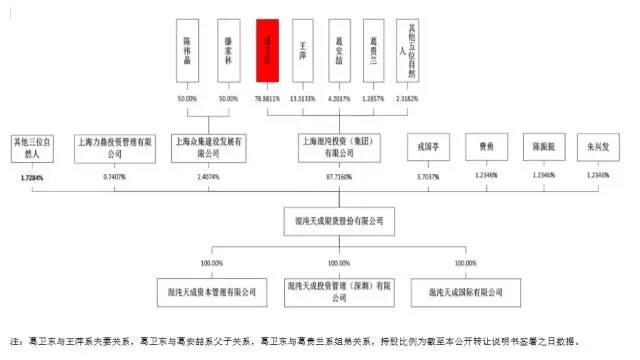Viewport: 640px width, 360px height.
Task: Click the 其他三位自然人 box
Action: [x=34, y=148]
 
